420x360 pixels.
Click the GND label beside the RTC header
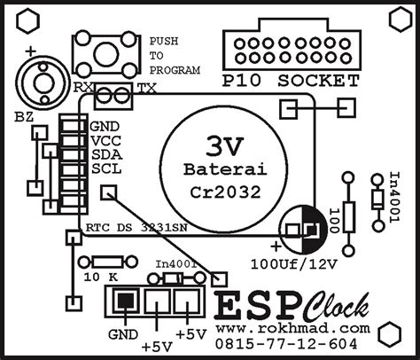pyautogui.click(x=104, y=126)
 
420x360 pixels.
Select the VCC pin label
pyautogui.click(x=104, y=140)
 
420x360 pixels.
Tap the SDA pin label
pyautogui.click(x=104, y=154)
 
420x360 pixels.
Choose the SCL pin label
pyautogui.click(x=104, y=168)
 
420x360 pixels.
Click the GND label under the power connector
pyautogui.click(x=124, y=335)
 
